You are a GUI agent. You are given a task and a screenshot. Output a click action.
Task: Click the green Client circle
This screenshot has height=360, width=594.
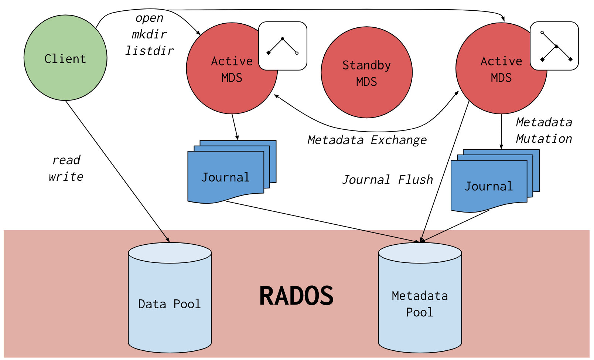click(65, 58)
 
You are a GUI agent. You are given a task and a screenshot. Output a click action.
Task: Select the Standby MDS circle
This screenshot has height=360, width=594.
click(366, 73)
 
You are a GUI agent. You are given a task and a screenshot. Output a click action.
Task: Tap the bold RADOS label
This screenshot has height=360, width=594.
click(296, 296)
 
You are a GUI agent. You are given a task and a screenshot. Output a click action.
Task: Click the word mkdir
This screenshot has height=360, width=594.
click(149, 34)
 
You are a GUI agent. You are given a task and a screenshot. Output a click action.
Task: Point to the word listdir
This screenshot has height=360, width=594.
click(149, 51)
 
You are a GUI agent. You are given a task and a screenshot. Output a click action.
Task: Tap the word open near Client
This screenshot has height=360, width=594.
click(149, 18)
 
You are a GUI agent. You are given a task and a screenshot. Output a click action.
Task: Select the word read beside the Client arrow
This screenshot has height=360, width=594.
click(66, 160)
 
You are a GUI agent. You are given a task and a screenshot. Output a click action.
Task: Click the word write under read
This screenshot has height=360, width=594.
click(66, 177)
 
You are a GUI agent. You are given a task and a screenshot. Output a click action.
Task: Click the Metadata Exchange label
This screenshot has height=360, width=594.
click(367, 140)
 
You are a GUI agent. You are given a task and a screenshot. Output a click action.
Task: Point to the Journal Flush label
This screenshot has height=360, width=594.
click(387, 180)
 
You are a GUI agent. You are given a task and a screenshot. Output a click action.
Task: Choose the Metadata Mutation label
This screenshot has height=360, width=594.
click(544, 130)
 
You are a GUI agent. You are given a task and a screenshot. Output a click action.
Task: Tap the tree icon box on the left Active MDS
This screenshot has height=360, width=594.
click(283, 46)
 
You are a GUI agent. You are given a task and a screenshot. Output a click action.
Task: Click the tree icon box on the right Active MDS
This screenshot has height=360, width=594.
click(554, 46)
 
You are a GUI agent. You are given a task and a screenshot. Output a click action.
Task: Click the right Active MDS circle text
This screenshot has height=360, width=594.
click(501, 69)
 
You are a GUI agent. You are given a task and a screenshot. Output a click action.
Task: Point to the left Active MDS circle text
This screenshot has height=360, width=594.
click(232, 69)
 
